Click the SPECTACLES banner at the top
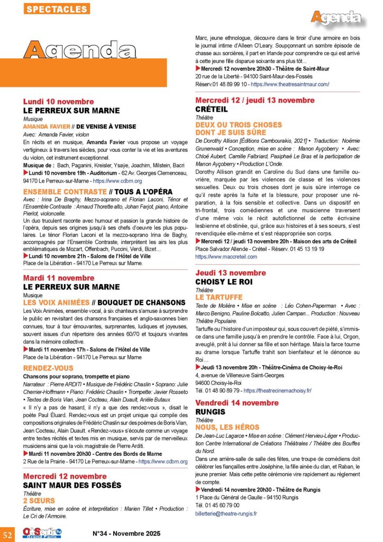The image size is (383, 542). click(x=56, y=9)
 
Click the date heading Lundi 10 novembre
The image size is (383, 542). click(x=58, y=101)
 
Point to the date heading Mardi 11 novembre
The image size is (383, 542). click(x=59, y=278)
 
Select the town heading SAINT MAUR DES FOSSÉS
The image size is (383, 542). click(x=72, y=485)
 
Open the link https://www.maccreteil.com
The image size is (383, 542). click(x=226, y=256)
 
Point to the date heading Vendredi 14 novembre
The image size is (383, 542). click(x=237, y=403)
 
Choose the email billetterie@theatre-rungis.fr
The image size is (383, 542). click(x=226, y=513)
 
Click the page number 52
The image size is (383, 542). click(x=8, y=532)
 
